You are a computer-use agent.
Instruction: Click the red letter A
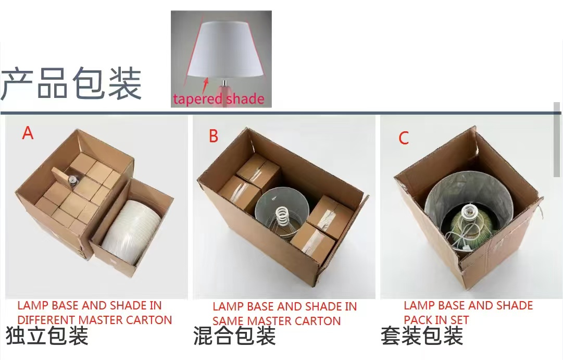tap(28, 133)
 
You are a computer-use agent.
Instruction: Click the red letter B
tap(214, 136)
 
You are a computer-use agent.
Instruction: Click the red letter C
tap(404, 138)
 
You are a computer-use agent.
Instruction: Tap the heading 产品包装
tap(71, 83)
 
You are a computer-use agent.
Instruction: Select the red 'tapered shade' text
tap(219, 99)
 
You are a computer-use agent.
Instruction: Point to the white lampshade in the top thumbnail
tap(221, 49)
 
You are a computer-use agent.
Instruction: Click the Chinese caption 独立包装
tap(47, 336)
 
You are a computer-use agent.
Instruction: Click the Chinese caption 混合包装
tap(234, 336)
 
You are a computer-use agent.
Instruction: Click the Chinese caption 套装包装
tap(422, 336)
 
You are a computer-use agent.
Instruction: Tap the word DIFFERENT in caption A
tap(49, 319)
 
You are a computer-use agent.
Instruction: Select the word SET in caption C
tap(458, 320)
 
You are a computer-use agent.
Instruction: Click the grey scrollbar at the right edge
tap(557, 141)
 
